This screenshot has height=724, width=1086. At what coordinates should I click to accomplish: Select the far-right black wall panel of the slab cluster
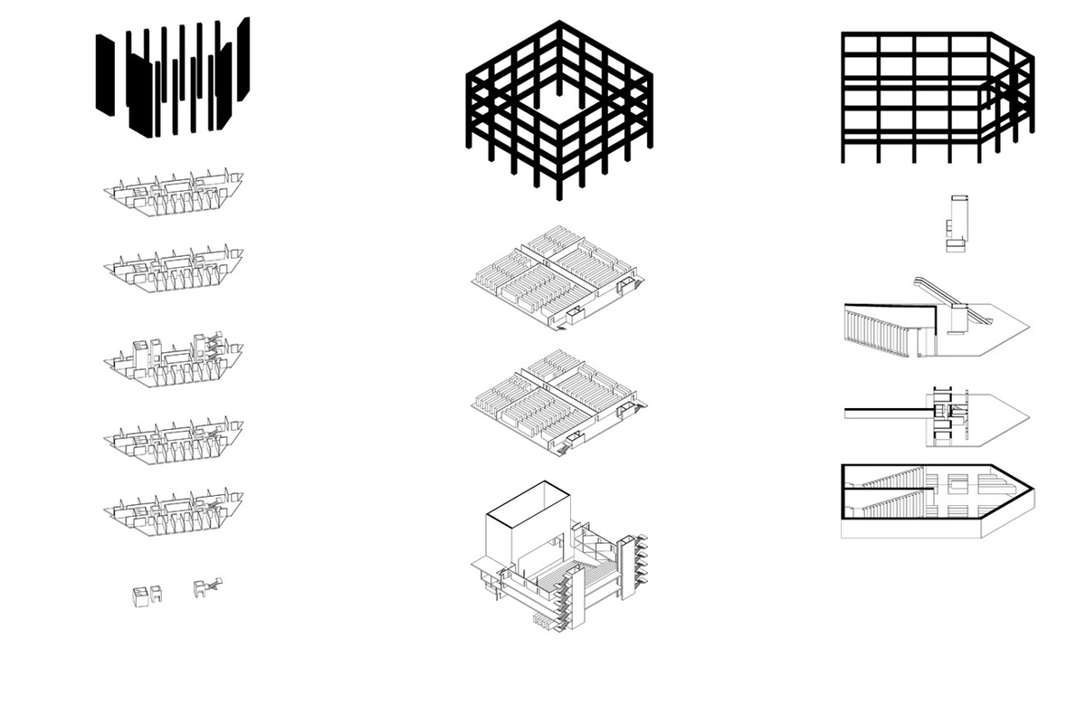(x=243, y=59)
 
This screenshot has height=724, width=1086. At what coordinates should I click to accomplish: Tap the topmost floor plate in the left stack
(x=173, y=194)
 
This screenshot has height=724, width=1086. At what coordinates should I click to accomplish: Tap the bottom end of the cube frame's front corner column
(x=559, y=197)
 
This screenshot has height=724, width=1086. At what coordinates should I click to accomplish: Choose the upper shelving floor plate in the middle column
(x=559, y=276)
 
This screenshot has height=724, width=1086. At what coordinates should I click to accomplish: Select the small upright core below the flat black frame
(x=957, y=221)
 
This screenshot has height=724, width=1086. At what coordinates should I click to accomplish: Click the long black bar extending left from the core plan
(x=882, y=413)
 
